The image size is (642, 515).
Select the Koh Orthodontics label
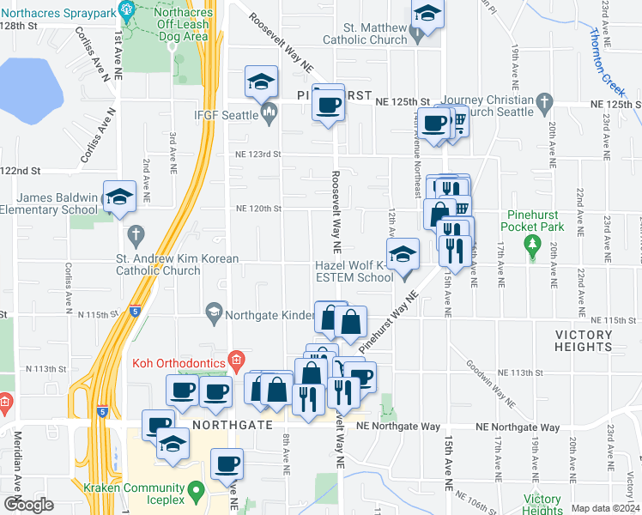tap(178, 363)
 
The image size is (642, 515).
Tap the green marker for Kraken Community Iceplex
tap(197, 492)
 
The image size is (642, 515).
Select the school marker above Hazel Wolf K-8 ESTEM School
tap(403, 254)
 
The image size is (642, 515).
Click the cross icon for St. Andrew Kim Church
tap(135, 233)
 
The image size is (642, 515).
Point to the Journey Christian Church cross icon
tap(542, 104)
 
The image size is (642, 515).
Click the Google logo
tap(29, 505)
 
